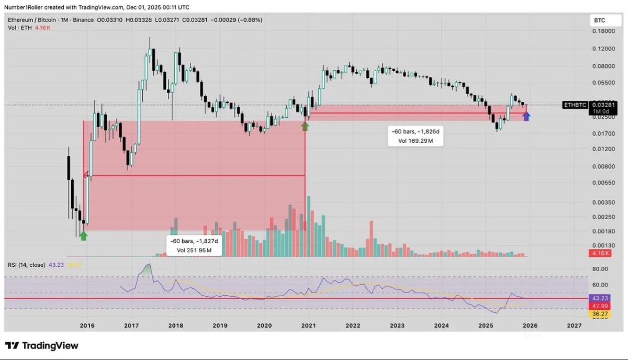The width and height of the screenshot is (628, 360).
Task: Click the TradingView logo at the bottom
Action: click(42, 345)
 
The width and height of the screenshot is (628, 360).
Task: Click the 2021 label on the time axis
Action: click(309, 325)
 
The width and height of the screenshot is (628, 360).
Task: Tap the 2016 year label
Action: click(87, 325)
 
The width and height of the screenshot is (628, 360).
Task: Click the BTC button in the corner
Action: click(599, 20)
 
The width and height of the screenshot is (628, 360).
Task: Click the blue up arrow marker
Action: click(526, 116)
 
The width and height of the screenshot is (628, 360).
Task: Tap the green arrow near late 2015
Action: click(83, 235)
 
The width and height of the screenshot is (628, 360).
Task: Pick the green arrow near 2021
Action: click(306, 126)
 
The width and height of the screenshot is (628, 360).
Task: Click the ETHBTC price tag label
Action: click(575, 105)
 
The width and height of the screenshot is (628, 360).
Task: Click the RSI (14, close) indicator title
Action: click(27, 265)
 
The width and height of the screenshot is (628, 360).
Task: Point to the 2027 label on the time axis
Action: click(574, 325)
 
